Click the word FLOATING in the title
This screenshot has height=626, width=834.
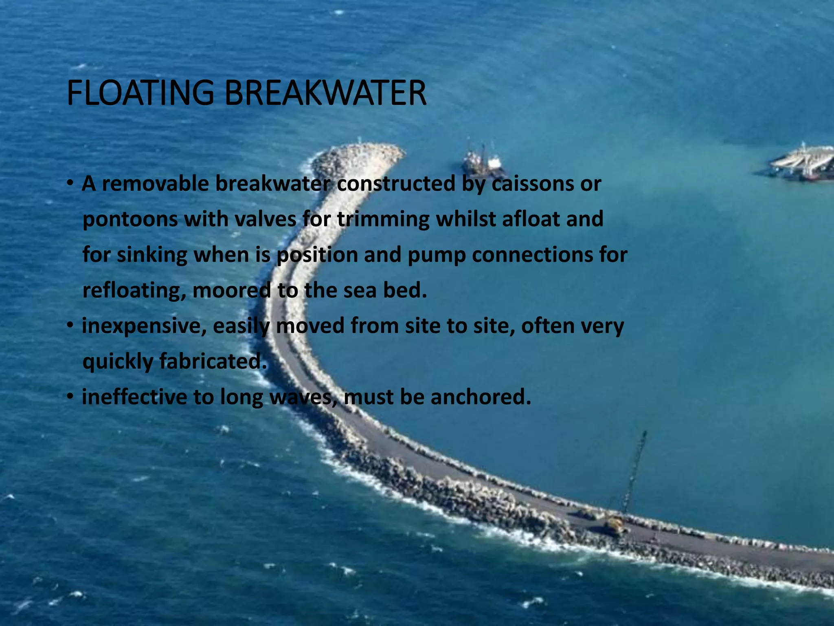point(140,93)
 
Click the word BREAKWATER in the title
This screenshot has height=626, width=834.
point(325,93)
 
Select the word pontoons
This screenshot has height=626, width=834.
point(130,220)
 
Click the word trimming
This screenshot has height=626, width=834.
point(383,219)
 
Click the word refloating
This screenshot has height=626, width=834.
point(134,291)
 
